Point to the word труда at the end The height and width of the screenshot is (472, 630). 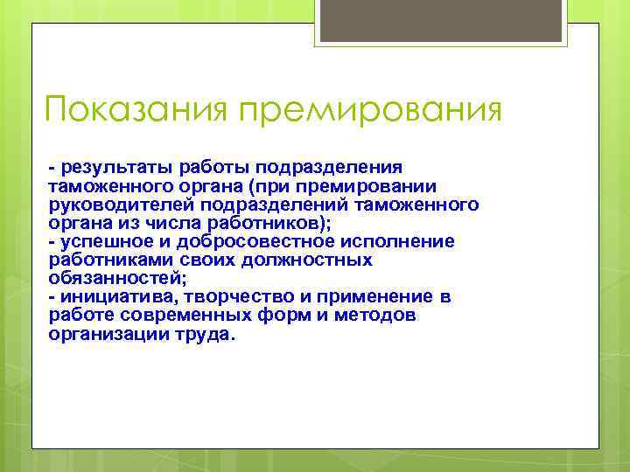(x=206, y=334)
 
